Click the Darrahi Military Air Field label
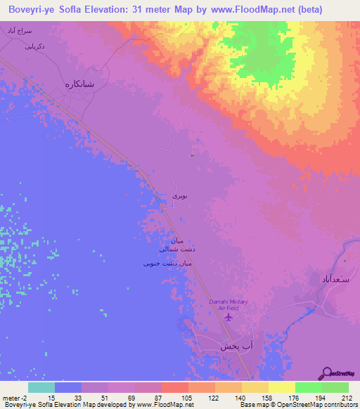pyautogui.click(x=229, y=304)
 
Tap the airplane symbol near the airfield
pyautogui.click(x=228, y=318)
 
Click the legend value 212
pyautogui.click(x=345, y=397)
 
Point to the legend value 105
pyautogui.click(x=188, y=397)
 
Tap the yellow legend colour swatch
pyautogui.click(x=282, y=387)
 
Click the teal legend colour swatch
pyautogui.click(x=41, y=387)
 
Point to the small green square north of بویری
pyautogui.click(x=193, y=154)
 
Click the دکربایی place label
pyautogui.click(x=35, y=48)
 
